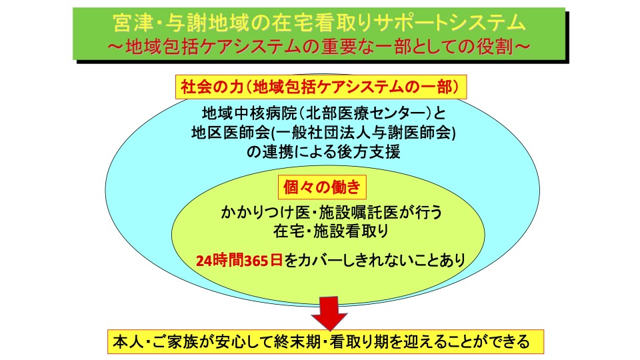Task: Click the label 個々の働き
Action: [x=322, y=187]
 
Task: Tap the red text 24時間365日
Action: [x=239, y=261]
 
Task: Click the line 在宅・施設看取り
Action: [x=331, y=231]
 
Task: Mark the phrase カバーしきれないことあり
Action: [x=375, y=261]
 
